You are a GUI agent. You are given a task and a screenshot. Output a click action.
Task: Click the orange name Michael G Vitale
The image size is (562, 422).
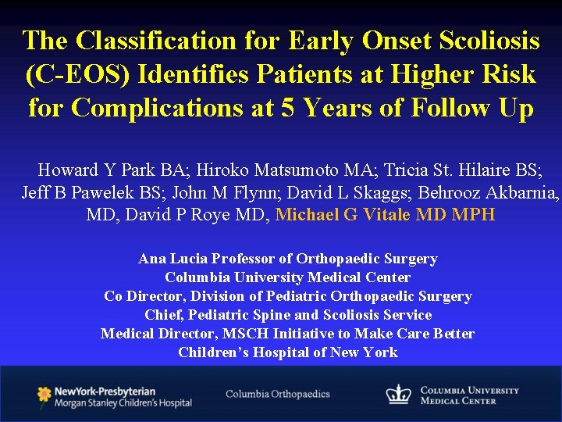[343, 215]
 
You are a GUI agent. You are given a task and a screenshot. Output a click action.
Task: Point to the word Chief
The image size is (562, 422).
[162, 315]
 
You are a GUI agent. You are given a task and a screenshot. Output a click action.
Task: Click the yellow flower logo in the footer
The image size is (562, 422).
[44, 395]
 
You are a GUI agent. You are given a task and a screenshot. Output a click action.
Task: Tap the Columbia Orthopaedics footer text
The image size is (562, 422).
[278, 395]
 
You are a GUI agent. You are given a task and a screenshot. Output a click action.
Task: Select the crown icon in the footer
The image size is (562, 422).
[399, 395]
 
